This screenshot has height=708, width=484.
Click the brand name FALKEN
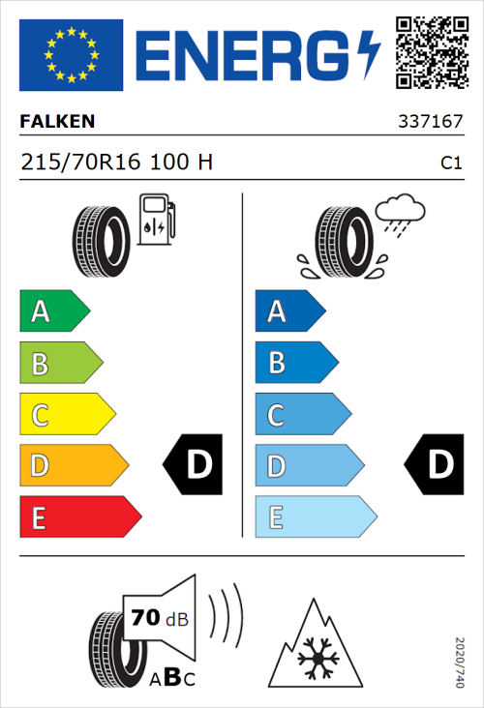[x=57, y=123]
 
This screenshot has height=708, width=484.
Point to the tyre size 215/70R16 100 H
[x=116, y=162]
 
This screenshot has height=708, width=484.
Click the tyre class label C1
[x=450, y=163]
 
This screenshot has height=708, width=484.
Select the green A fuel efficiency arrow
[x=53, y=311]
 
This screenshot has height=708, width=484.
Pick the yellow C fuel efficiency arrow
[x=67, y=415]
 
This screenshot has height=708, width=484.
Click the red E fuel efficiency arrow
[x=79, y=517]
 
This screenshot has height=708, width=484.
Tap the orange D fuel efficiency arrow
[x=73, y=466]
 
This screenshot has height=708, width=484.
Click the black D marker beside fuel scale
[x=195, y=465]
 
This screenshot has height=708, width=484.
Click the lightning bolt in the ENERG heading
[x=369, y=54]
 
